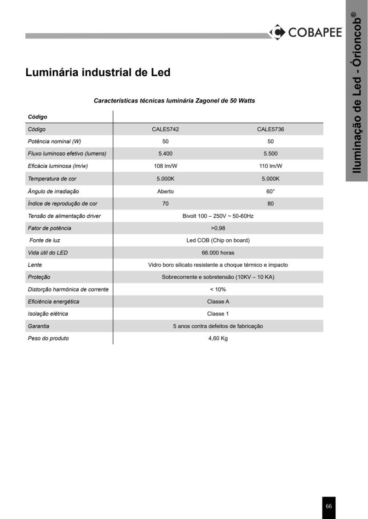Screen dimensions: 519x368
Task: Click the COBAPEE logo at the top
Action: [x=305, y=32]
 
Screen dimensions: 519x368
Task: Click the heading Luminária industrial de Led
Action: [x=98, y=73]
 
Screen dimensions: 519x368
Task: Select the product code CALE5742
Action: [x=165, y=130]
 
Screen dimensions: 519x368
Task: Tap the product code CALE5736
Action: [x=270, y=130]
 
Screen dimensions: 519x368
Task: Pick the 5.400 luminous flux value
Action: [x=165, y=154]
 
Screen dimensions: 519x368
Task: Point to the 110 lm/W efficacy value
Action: [x=270, y=166]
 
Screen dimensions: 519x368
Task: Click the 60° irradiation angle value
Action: [x=270, y=191]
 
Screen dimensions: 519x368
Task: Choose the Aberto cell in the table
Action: [x=165, y=191]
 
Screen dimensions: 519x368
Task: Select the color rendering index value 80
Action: [x=270, y=203]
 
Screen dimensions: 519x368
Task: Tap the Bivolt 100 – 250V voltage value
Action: [x=218, y=216]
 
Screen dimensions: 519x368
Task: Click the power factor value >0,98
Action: [x=218, y=228]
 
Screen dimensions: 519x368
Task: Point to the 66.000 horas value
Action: [x=218, y=253]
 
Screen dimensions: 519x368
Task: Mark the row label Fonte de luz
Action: [x=45, y=240]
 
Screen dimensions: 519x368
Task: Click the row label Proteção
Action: [x=39, y=277]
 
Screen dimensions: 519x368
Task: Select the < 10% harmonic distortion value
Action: [x=218, y=289]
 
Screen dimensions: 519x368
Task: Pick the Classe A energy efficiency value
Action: [x=218, y=302]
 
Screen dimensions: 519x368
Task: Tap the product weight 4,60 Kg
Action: [x=218, y=338]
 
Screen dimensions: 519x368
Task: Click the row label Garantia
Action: [x=39, y=326]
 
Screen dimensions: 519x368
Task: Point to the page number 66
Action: [x=328, y=506]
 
